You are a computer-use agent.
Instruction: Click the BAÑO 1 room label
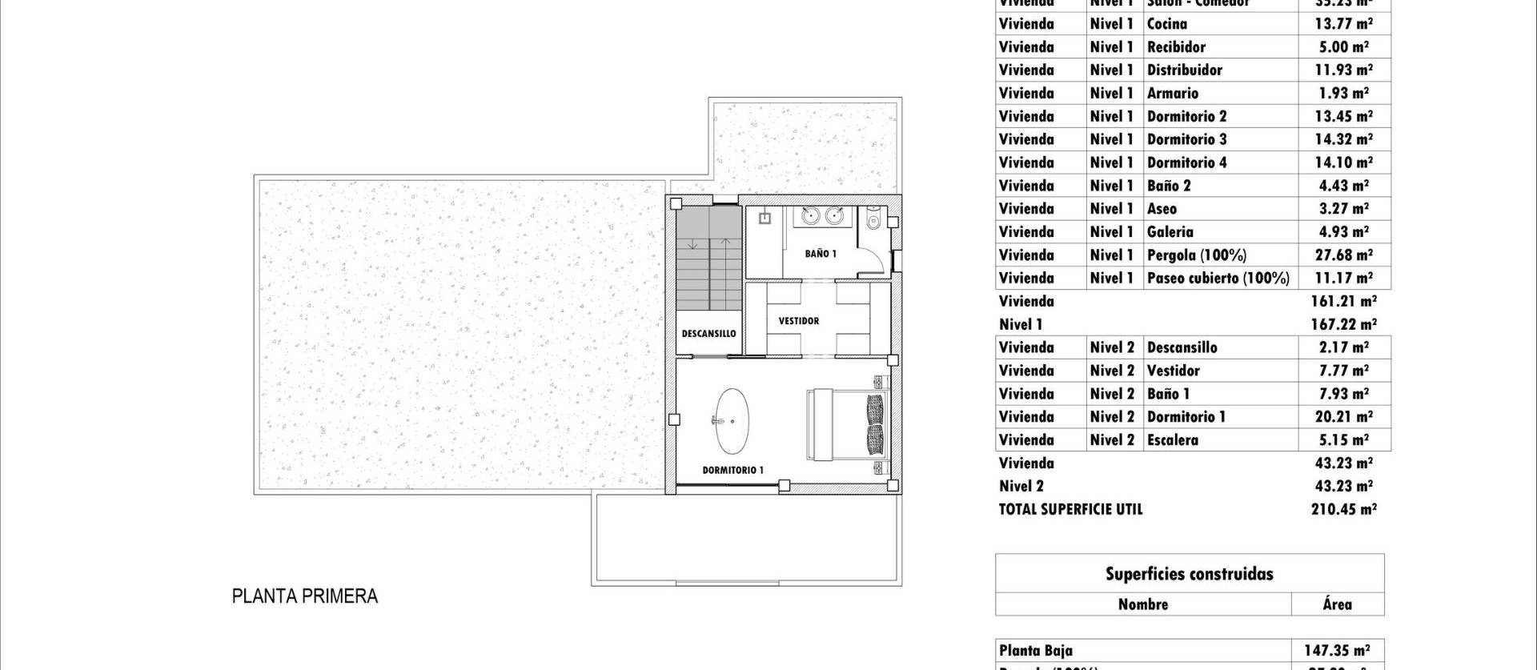[x=821, y=254]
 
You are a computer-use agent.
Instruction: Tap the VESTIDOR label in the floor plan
[x=799, y=321]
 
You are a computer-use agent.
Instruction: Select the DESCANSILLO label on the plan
[x=708, y=334]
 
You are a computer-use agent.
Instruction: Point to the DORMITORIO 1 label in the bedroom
[x=732, y=470]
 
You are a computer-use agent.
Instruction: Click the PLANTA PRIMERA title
[x=304, y=596]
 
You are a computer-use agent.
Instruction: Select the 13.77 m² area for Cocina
[x=1343, y=24]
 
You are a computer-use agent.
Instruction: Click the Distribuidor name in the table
[x=1185, y=70]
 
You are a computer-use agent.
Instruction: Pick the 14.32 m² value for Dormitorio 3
[x=1343, y=139]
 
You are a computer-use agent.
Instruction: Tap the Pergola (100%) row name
[x=1197, y=255]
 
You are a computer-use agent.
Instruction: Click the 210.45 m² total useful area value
[x=1343, y=509]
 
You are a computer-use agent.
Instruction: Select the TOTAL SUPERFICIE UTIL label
[x=1070, y=509]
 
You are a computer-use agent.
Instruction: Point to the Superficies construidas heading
[x=1189, y=574]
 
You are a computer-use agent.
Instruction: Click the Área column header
[x=1337, y=604]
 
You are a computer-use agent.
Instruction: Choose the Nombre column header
[x=1142, y=604]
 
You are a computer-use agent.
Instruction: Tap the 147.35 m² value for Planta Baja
[x=1337, y=651]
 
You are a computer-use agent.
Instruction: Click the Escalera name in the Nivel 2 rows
[x=1173, y=440]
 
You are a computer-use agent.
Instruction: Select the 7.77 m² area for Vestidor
[x=1343, y=371]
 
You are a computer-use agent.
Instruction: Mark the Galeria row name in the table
[x=1170, y=232]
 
